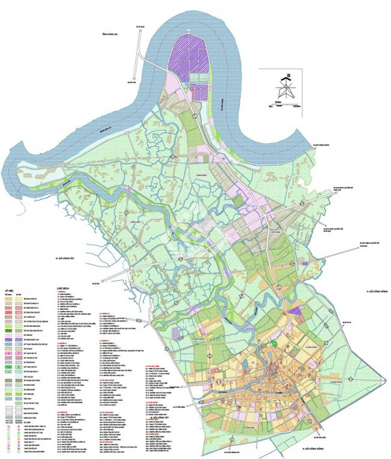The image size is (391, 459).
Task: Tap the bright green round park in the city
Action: [274, 342]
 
